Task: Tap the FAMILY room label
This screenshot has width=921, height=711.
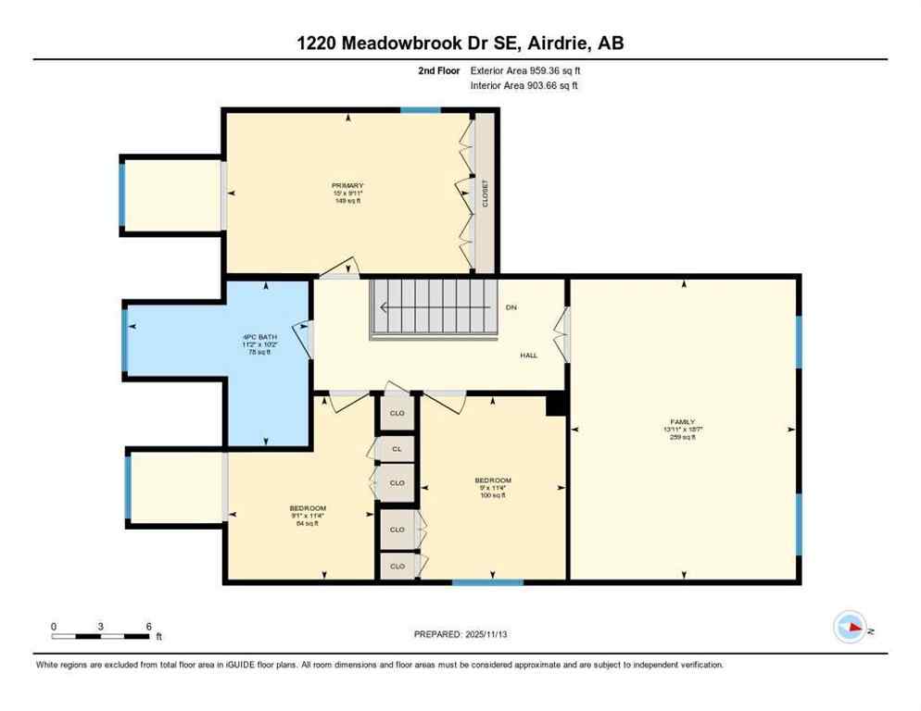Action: [683, 430]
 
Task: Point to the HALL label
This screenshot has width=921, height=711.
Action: [528, 355]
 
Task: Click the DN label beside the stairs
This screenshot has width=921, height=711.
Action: [511, 307]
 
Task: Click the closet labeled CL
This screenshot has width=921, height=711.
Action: [397, 448]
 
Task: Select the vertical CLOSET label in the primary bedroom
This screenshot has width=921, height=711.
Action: [485, 193]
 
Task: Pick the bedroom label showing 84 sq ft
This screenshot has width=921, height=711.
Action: [308, 516]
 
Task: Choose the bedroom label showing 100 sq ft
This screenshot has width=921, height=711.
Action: [493, 487]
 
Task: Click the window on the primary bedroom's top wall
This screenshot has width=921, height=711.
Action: [420, 110]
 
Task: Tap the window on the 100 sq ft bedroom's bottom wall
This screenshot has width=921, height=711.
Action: [487, 582]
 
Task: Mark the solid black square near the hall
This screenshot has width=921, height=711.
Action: [556, 405]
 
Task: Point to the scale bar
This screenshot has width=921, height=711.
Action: [101, 635]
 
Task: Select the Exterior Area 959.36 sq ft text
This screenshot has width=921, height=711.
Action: [525, 70]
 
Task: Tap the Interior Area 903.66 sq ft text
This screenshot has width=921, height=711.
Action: [524, 86]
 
